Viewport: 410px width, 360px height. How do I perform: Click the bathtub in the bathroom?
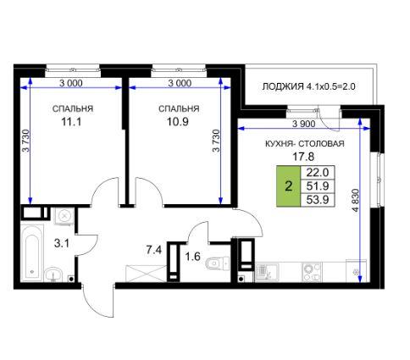click(x=32, y=252)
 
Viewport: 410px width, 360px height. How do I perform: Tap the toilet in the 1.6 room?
click(x=218, y=263)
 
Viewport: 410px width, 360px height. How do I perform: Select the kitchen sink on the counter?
click(x=267, y=273)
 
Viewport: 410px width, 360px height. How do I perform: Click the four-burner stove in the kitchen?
click(x=312, y=272)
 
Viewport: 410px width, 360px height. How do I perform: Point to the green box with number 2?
click(x=288, y=186)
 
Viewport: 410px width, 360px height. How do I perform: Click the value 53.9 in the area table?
click(x=318, y=200)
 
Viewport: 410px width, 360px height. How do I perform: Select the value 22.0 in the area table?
click(x=318, y=172)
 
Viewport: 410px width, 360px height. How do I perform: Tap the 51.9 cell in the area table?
click(x=318, y=186)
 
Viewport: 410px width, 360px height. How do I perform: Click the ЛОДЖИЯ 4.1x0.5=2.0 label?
click(x=308, y=86)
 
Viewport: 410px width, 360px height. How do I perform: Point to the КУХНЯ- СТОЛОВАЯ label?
click(x=305, y=144)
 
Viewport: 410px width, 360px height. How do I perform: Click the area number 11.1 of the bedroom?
click(x=71, y=122)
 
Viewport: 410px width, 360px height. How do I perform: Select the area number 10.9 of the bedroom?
click(x=178, y=122)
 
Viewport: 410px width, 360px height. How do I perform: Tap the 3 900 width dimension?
click(x=304, y=124)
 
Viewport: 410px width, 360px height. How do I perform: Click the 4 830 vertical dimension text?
click(x=356, y=200)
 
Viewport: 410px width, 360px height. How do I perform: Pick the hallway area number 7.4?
click(x=154, y=250)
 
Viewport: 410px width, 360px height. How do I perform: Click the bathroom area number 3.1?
click(x=62, y=243)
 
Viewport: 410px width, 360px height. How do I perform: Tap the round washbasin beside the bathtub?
click(x=53, y=274)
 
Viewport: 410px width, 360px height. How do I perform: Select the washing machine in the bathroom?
click(x=64, y=216)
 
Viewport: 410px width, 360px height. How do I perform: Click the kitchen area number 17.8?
click(x=303, y=156)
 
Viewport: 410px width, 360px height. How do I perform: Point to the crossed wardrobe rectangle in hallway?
click(x=146, y=274)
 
